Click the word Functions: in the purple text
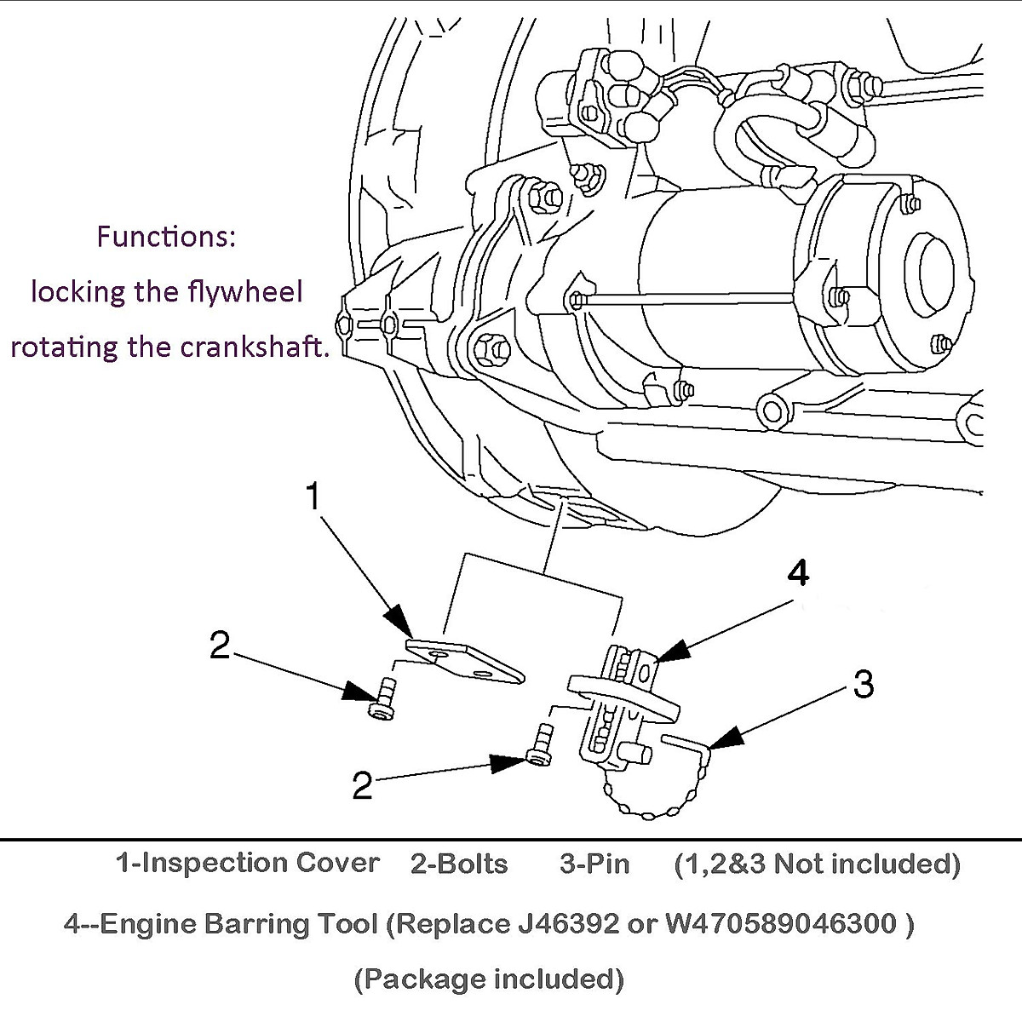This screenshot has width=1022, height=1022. (165, 236)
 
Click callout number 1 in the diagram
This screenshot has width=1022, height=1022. (313, 497)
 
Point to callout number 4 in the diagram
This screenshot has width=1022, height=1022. (797, 575)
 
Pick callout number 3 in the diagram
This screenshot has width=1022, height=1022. (863, 683)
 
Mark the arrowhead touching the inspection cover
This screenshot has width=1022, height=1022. (399, 620)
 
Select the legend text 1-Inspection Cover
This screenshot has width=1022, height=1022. (247, 863)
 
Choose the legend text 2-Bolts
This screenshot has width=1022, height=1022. (459, 864)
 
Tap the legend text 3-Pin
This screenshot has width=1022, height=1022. (594, 864)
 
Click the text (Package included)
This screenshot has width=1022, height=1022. (489, 979)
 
